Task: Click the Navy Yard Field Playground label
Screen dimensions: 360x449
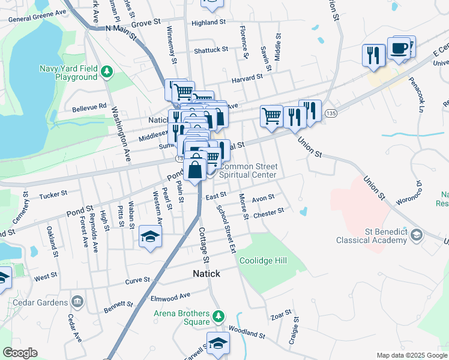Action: [x=67, y=73]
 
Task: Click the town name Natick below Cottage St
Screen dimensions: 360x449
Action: [x=206, y=274]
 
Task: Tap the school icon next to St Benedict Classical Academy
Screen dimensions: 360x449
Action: [x=417, y=236]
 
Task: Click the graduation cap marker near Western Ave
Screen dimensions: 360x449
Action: [x=150, y=236]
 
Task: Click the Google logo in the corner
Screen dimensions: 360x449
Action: [x=19, y=353]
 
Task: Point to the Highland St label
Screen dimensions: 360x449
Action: [x=208, y=23]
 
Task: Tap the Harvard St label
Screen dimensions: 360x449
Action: [x=249, y=77]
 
